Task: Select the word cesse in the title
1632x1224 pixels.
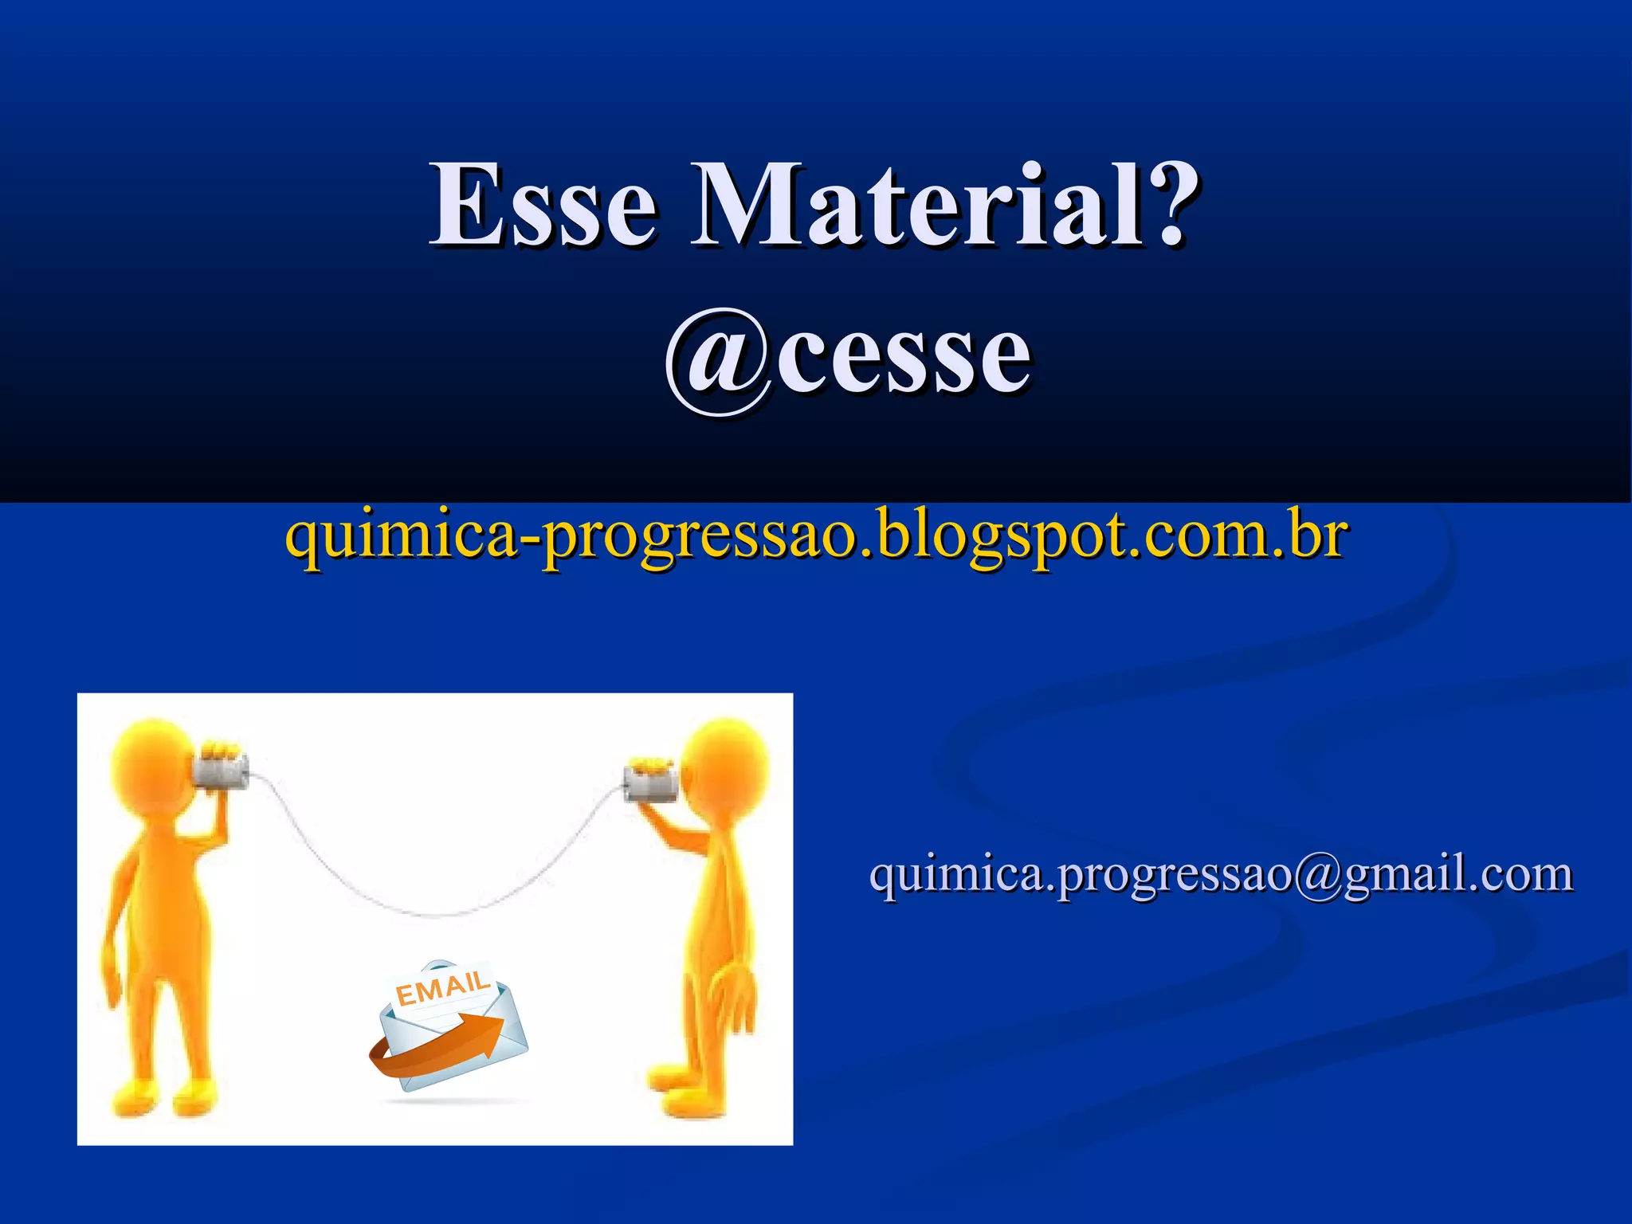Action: tap(904, 359)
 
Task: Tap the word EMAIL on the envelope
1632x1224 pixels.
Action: tap(443, 989)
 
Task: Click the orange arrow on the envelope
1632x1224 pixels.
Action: tap(446, 1044)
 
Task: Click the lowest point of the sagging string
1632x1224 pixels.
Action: tap(434, 914)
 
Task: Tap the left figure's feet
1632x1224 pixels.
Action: tap(163, 1096)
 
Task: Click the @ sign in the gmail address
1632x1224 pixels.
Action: tap(1319, 875)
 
